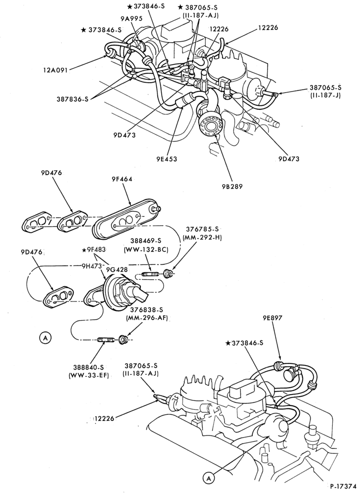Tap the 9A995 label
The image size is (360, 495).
pos(133,19)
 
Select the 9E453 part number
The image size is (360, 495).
pos(167,159)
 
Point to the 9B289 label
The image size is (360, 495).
pos(232,186)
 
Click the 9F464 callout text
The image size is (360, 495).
pos(122,179)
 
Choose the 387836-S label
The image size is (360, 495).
pos(73,99)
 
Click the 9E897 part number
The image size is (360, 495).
pos(272,318)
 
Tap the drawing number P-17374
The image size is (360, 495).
pos(343,487)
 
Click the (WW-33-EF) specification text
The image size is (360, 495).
pos(88,376)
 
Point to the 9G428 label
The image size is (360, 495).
pos(117,269)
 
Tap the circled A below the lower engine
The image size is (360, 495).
pos(209,479)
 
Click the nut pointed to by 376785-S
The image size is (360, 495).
pos(168,273)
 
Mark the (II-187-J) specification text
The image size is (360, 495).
pos(325,95)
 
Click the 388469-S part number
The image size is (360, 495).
pos(146,243)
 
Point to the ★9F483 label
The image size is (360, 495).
pos(93,249)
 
